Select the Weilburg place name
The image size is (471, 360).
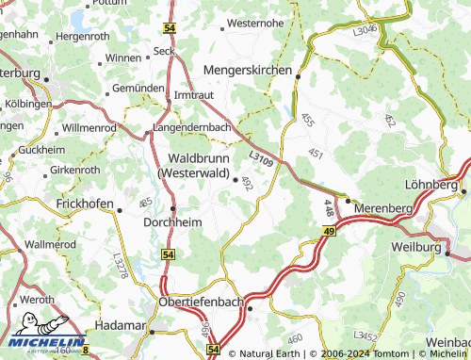click(x=415, y=247)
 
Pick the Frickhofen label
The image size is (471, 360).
click(x=84, y=204)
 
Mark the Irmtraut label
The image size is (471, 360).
click(x=195, y=96)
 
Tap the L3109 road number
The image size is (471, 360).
click(x=262, y=162)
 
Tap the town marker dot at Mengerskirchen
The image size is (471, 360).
click(x=297, y=76)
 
